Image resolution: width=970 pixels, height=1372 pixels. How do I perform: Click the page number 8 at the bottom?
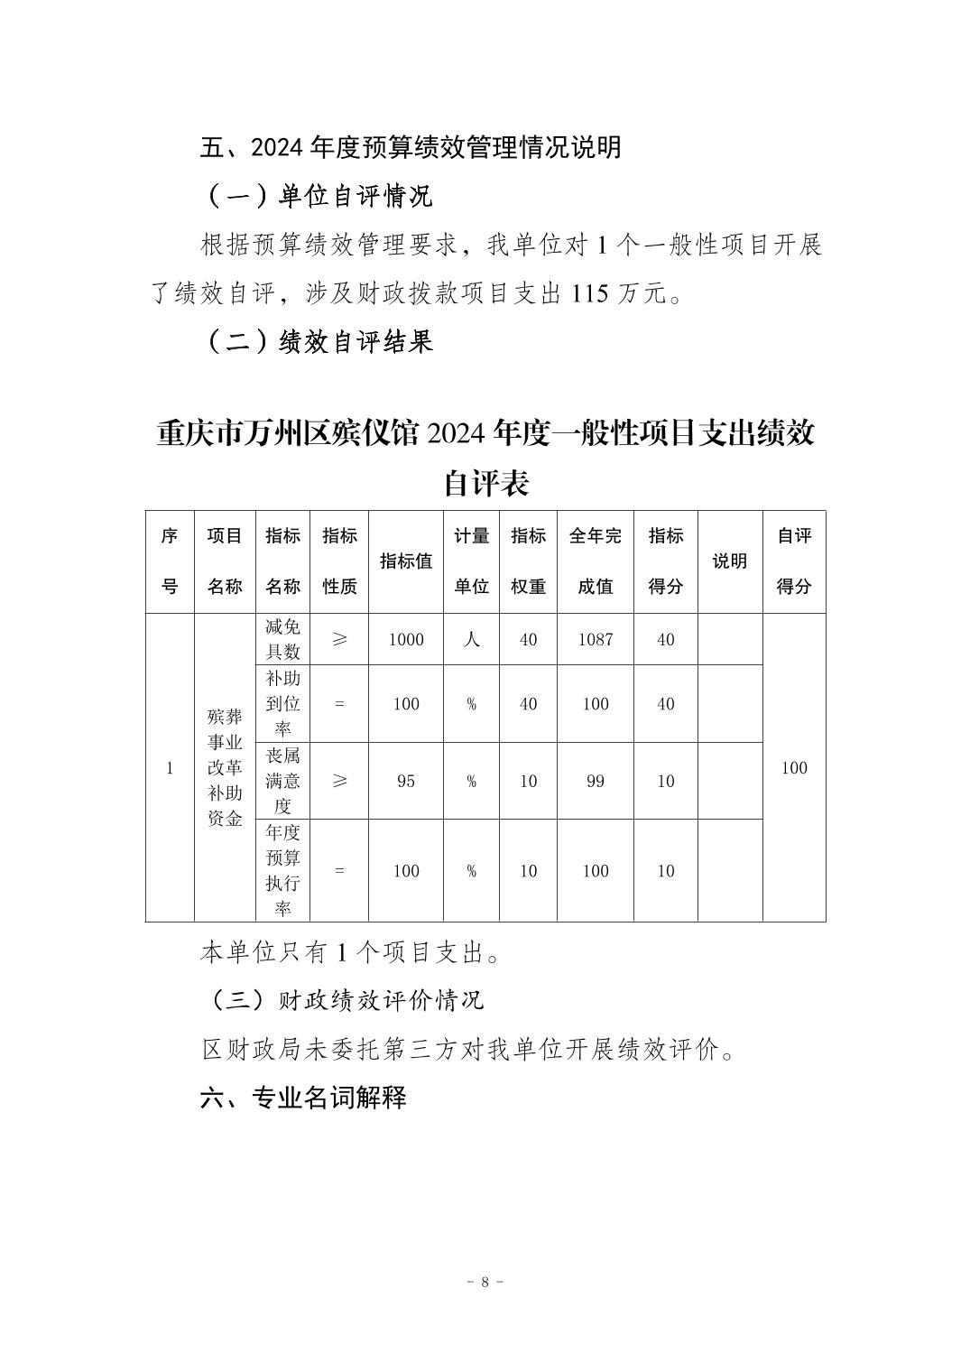485,1282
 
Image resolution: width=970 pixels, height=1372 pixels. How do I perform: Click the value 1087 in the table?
595,640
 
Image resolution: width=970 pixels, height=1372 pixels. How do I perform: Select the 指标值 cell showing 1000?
405,640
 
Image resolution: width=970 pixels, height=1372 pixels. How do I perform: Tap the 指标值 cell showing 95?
405,782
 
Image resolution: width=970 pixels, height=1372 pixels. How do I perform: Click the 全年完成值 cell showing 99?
595,782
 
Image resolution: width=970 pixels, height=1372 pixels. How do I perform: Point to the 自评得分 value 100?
793,768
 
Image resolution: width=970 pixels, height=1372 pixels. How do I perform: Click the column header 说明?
729,561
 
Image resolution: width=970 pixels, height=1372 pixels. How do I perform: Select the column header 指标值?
405,561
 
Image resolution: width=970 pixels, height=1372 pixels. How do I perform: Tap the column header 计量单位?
471,561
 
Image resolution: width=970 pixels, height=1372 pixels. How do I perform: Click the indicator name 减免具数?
282,639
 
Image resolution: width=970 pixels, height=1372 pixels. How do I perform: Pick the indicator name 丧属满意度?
282,781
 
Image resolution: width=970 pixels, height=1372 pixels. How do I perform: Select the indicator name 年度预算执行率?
282,870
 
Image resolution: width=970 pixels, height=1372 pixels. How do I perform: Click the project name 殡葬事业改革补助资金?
225,768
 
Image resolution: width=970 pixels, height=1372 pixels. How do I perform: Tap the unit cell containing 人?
471,640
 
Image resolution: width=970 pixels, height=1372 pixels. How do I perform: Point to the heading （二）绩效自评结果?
320,341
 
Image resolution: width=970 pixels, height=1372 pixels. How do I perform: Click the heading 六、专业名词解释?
303,1098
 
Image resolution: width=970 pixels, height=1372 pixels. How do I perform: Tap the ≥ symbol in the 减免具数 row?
339,640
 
